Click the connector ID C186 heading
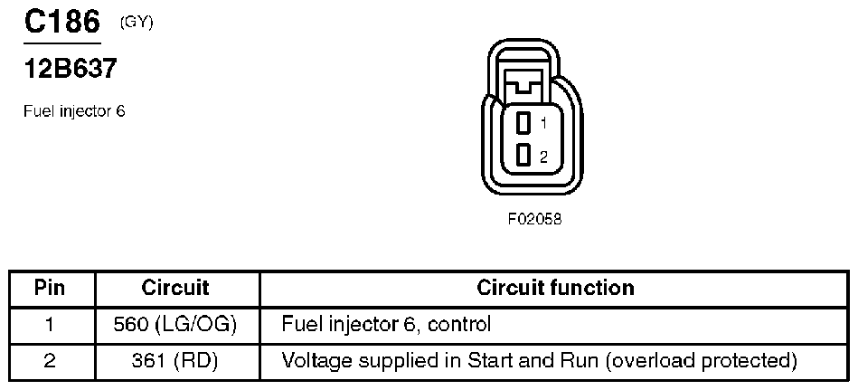pos(61,22)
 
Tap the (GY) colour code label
pos(137,23)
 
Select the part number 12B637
pos(71,69)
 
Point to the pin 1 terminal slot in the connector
pos(523,122)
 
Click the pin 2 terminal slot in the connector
pos(523,156)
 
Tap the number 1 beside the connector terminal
pos(543,122)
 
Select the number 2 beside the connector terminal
pos(543,157)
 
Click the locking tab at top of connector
pos(524,84)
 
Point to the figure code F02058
pos(534,218)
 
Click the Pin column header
pos(51,288)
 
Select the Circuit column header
pos(175,288)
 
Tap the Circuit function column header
pos(555,288)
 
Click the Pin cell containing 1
pos(51,324)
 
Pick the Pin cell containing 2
pos(51,361)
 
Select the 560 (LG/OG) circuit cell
pos(177,324)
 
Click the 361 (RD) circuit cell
pos(177,361)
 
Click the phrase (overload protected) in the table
pos(702,361)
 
